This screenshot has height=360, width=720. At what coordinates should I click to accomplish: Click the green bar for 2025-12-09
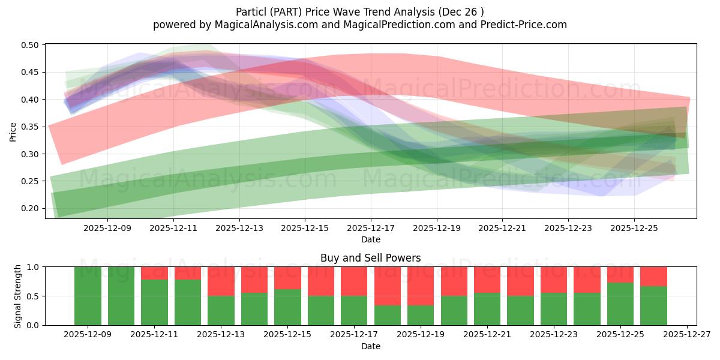tap(88, 296)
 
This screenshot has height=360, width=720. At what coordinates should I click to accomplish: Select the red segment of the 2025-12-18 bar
tap(388, 286)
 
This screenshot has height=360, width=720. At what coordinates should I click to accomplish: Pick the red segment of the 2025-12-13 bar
tap(221, 281)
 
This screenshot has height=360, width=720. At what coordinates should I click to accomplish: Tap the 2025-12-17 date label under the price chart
tap(371, 228)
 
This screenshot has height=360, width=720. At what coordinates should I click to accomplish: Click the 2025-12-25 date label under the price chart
tap(635, 228)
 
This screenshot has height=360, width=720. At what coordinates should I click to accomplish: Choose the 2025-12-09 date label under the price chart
tap(107, 228)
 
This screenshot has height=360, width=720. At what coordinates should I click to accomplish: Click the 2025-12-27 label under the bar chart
tap(687, 335)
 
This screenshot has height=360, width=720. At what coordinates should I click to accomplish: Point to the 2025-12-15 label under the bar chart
tap(288, 335)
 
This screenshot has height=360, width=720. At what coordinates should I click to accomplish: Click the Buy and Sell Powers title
tap(371, 258)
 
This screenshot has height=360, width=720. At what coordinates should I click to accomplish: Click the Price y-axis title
tap(13, 131)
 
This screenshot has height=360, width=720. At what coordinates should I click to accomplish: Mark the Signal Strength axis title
tap(18, 296)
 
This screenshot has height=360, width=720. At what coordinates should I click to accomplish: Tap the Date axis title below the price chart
tap(371, 239)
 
